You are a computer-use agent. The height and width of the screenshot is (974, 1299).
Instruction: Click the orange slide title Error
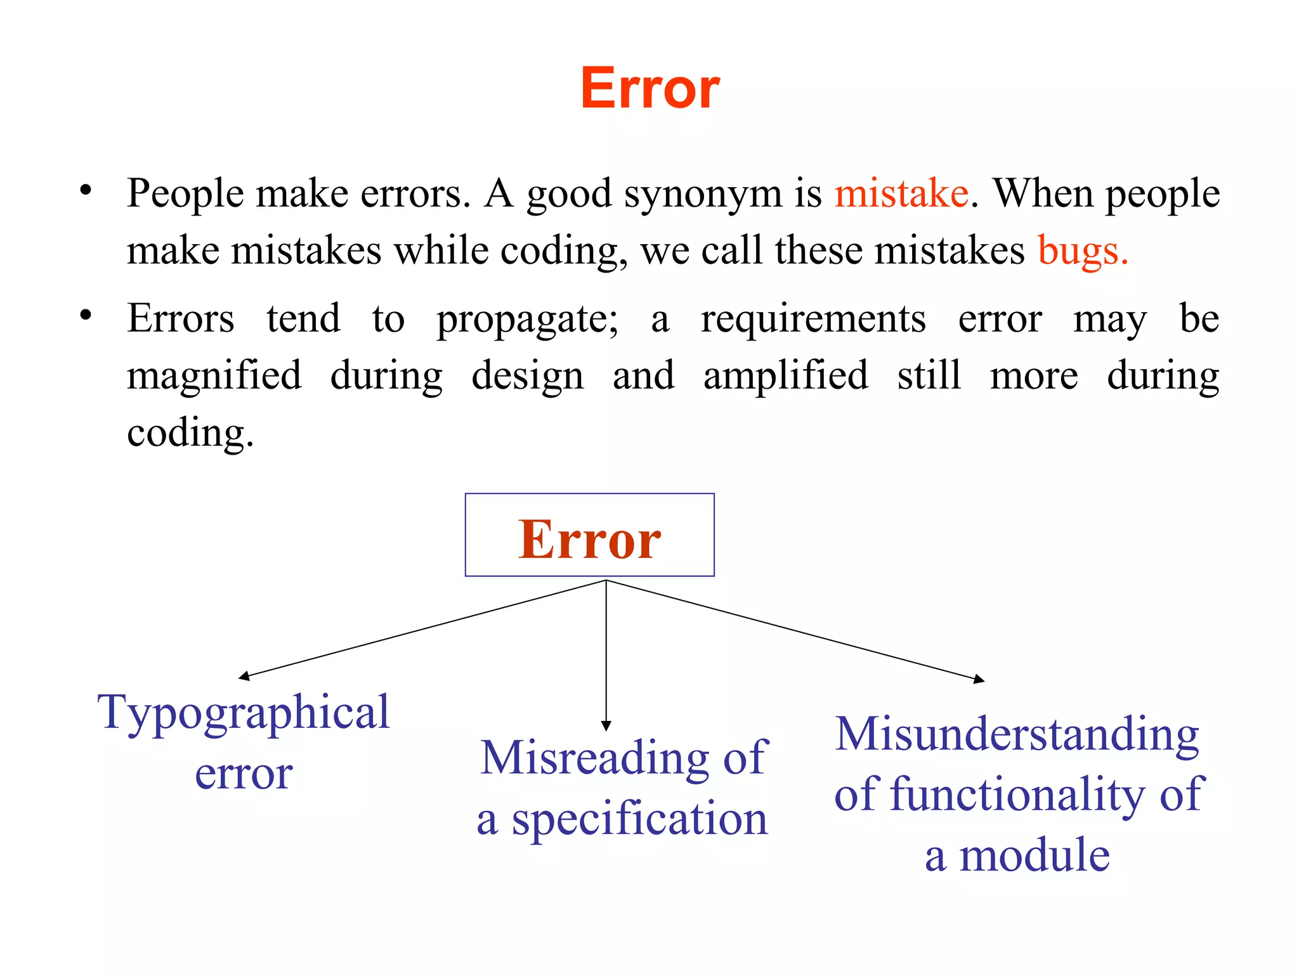click(x=650, y=88)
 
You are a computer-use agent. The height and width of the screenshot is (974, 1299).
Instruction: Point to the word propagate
click(x=526, y=319)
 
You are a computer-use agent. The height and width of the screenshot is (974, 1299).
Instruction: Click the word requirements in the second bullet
click(x=813, y=319)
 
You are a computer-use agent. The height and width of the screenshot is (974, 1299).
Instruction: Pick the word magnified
click(x=214, y=375)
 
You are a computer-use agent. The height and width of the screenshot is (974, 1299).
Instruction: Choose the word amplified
click(x=786, y=375)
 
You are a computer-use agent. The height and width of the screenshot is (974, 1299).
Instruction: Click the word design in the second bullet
click(x=527, y=377)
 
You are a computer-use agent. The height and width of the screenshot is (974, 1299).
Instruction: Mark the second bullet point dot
click(x=86, y=315)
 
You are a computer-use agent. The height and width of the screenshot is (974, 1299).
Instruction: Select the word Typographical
click(x=244, y=713)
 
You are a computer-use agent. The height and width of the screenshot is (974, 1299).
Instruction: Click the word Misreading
click(x=594, y=758)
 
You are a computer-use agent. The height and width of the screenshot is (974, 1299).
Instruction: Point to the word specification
click(x=640, y=819)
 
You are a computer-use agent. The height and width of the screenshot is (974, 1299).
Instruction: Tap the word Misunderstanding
click(x=1017, y=734)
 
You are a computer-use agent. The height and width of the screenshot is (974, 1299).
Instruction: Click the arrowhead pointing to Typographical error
click(x=244, y=677)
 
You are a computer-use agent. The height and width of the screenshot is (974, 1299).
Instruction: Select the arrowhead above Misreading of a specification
click(x=606, y=726)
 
